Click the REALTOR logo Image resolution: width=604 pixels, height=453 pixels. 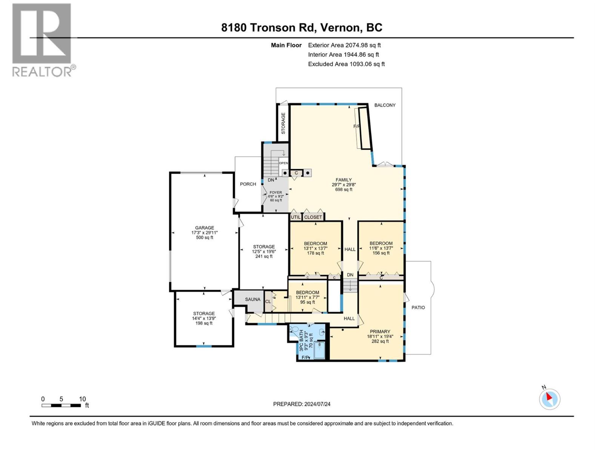point(42,40)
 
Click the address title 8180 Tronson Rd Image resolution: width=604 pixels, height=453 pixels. point(302,28)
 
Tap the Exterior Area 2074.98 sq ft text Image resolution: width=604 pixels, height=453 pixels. point(344,45)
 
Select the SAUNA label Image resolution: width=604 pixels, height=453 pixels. point(253,299)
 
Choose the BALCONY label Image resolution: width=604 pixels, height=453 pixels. point(385,105)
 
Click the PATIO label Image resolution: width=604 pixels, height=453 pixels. point(418,308)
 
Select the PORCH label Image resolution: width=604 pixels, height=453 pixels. point(248,184)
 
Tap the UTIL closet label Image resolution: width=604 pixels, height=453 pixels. point(296,217)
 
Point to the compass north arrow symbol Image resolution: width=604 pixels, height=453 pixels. point(550,399)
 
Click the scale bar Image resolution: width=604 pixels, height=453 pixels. point(61,405)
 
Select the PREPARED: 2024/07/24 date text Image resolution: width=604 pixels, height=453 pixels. point(302,404)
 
